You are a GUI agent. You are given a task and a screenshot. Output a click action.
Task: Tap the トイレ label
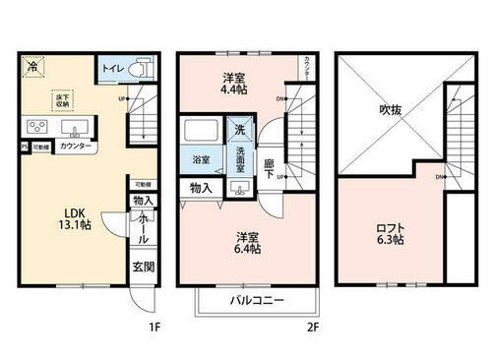click(111, 70)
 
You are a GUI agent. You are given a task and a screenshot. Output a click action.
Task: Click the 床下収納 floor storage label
click(61, 98)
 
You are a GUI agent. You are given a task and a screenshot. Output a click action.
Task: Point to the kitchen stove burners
click(37, 128)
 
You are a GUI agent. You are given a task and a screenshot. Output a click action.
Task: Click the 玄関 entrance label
click(144, 266)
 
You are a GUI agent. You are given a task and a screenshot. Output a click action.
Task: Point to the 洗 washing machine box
click(240, 130)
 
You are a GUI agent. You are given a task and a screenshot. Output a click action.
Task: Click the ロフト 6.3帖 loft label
click(391, 236)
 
